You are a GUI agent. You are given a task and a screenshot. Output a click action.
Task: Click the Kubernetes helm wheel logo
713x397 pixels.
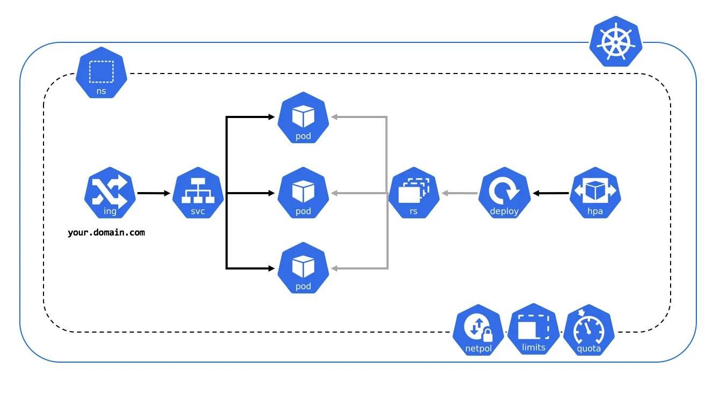pos(616,41)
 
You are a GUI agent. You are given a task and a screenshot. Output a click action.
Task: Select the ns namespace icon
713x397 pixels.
pos(101,72)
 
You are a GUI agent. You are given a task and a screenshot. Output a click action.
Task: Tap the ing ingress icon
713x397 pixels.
pos(110,193)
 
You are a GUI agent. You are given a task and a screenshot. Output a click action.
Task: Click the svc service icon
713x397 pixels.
pos(198,193)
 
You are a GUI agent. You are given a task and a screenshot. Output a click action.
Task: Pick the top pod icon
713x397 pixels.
pos(303,117)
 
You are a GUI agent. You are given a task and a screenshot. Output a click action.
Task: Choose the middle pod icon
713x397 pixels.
pos(303,193)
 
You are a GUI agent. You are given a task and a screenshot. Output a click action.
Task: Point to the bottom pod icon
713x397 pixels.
pos(303,268)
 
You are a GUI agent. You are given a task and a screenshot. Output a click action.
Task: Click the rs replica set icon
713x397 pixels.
pos(414,193)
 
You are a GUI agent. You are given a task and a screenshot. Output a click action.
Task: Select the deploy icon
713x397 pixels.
pos(504,193)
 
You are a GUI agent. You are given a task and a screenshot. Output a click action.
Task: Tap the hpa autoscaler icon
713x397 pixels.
pos(595,193)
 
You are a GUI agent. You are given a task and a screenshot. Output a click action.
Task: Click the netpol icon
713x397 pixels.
pos(478,330)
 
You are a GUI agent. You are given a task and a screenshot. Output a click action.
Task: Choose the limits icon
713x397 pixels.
pos(534,329)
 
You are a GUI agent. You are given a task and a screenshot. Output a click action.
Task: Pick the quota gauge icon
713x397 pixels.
pos(589,330)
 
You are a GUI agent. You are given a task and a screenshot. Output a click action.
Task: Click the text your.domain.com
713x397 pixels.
pos(106,232)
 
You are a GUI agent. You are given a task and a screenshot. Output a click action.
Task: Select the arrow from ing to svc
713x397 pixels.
pos(154,193)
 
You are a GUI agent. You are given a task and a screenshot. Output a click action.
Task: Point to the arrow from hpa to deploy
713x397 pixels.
pos(551,193)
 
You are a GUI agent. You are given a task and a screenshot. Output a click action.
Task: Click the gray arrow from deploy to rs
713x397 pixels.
pos(460,193)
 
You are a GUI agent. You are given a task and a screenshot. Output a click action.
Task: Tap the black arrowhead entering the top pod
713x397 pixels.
pos(271,117)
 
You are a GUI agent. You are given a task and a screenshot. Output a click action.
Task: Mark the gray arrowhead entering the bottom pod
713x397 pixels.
pos(334,268)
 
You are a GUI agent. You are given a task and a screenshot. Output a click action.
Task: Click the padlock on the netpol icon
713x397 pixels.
pos(488,335)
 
